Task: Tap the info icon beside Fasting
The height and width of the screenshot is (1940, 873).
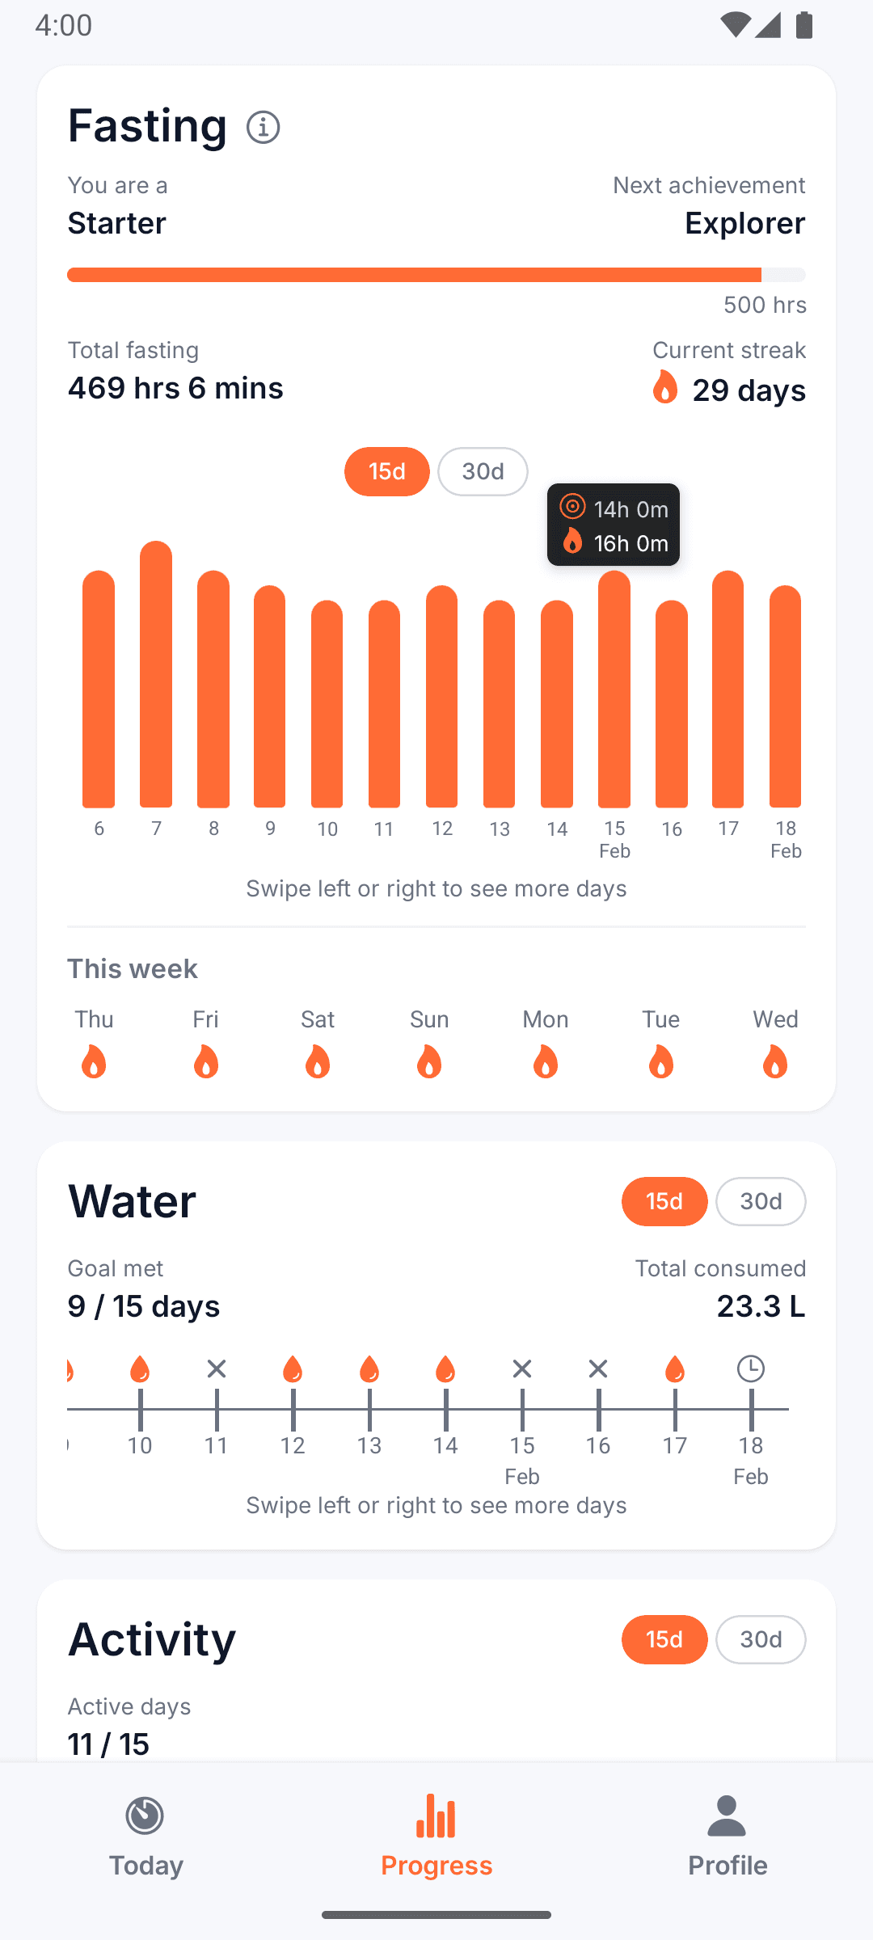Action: coord(264,127)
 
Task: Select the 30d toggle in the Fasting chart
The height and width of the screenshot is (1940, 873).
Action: coord(483,471)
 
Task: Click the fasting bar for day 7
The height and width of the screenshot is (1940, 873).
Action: coord(156,675)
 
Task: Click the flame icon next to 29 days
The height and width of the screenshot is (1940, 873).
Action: coord(664,388)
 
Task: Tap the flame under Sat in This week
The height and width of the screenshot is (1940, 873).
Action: coord(318,1061)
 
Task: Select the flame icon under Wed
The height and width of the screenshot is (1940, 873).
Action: coord(775,1061)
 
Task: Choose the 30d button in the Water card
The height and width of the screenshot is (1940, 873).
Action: coord(761,1201)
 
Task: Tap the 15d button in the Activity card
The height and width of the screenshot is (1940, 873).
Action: coord(664,1639)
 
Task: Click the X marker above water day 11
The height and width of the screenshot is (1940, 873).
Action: coord(216,1369)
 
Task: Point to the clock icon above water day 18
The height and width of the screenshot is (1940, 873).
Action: coord(751,1369)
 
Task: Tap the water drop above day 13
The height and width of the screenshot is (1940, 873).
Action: coord(369,1369)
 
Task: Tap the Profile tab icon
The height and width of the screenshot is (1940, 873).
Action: coord(727,1817)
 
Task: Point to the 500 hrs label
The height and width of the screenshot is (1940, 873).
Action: coord(765,305)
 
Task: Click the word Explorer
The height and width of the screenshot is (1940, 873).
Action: coord(744,223)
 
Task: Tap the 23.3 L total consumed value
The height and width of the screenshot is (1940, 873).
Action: coord(761,1306)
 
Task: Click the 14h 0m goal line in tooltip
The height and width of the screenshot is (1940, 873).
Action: coord(614,509)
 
